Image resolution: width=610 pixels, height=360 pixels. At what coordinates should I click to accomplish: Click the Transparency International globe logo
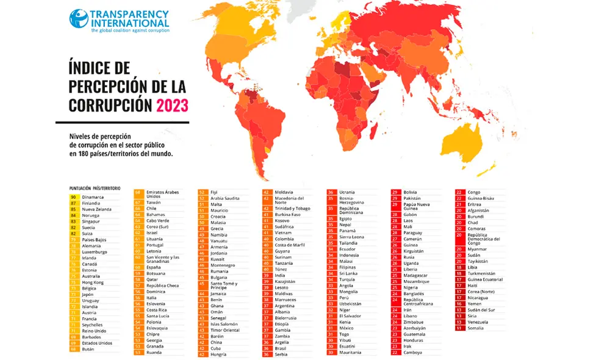pos(79,18)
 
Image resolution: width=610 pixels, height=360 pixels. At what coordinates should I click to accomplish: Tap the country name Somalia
pos(476,328)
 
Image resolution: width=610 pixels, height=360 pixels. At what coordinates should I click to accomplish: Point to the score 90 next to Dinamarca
pos(74,196)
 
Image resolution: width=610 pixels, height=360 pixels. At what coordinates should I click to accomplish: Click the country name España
pos(154,267)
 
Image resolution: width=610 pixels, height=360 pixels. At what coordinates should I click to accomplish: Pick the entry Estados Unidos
pos(98,342)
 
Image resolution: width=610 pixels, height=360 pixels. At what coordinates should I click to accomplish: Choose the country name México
pos(347,328)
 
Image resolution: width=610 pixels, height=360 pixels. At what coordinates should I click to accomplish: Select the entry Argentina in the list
pos(284,304)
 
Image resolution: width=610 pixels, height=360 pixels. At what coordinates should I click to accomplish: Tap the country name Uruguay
pos(91,301)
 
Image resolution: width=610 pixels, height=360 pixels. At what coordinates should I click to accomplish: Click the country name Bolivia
pos(411,192)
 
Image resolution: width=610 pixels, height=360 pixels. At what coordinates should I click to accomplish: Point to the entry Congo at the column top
pos(474,192)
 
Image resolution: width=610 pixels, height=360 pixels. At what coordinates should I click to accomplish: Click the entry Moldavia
pos(284,192)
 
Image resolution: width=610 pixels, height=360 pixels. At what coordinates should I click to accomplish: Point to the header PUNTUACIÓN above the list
pos(81,189)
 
